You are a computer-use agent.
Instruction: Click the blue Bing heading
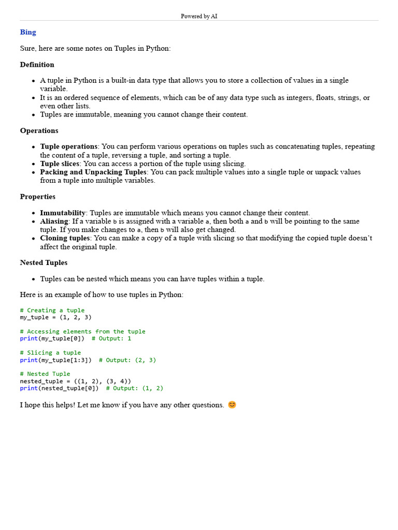point(28,32)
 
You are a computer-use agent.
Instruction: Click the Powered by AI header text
point(199,16)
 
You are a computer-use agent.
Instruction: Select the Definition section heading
point(37,65)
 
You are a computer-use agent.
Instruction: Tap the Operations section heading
point(39,130)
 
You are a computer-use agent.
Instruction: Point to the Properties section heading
point(37,197)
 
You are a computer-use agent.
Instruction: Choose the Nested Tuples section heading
point(44,262)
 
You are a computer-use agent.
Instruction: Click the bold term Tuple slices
point(60,164)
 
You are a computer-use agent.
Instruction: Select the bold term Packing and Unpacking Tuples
point(93,172)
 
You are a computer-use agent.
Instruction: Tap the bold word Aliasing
point(54,221)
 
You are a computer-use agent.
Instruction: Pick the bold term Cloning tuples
point(65,238)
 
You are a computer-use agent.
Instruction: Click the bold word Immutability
point(62,213)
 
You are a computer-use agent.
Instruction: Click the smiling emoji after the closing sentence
point(232,405)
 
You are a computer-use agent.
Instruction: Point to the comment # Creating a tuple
point(52,310)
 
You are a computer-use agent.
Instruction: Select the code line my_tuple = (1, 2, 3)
point(55,317)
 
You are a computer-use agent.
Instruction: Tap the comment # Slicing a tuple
point(50,352)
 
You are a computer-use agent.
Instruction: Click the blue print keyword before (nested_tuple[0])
point(29,388)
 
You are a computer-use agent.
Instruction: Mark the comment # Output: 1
point(111,338)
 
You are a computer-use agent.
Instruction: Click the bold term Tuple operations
point(68,146)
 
